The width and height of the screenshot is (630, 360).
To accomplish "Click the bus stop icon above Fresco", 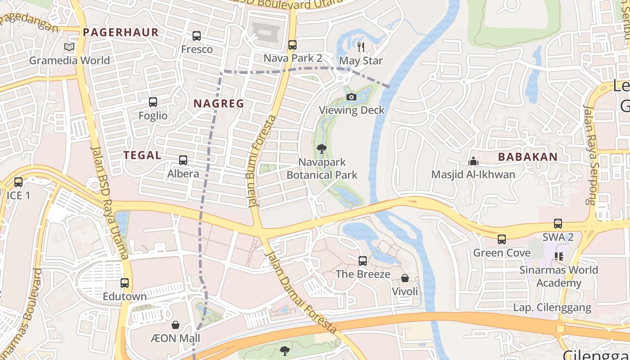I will (x=197, y=36).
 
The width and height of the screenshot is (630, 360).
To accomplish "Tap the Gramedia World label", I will (x=69, y=60).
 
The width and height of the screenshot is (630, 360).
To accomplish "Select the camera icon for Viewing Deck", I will (x=351, y=97).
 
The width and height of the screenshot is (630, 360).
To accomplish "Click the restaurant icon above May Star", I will (x=360, y=47).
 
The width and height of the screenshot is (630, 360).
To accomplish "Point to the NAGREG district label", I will (x=219, y=103).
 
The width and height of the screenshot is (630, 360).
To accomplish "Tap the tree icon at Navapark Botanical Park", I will (x=321, y=148).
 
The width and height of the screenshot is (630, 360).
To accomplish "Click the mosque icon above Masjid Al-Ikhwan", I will (x=473, y=161).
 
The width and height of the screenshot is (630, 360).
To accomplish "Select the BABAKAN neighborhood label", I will (x=528, y=157).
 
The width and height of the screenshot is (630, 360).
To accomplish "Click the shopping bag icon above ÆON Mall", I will (x=175, y=325).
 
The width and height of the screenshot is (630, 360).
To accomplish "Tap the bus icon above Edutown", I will (x=125, y=283).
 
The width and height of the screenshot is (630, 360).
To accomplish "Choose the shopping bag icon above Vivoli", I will (x=405, y=278).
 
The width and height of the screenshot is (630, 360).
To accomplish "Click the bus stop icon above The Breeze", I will (x=363, y=261).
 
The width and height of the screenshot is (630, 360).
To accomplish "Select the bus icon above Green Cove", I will (x=502, y=239).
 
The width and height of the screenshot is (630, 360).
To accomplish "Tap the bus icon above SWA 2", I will (x=558, y=224).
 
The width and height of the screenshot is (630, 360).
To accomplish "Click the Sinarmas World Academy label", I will (x=558, y=276).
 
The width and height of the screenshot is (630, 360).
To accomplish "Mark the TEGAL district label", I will (x=142, y=155).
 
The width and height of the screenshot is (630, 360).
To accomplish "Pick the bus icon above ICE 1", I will (x=18, y=182).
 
